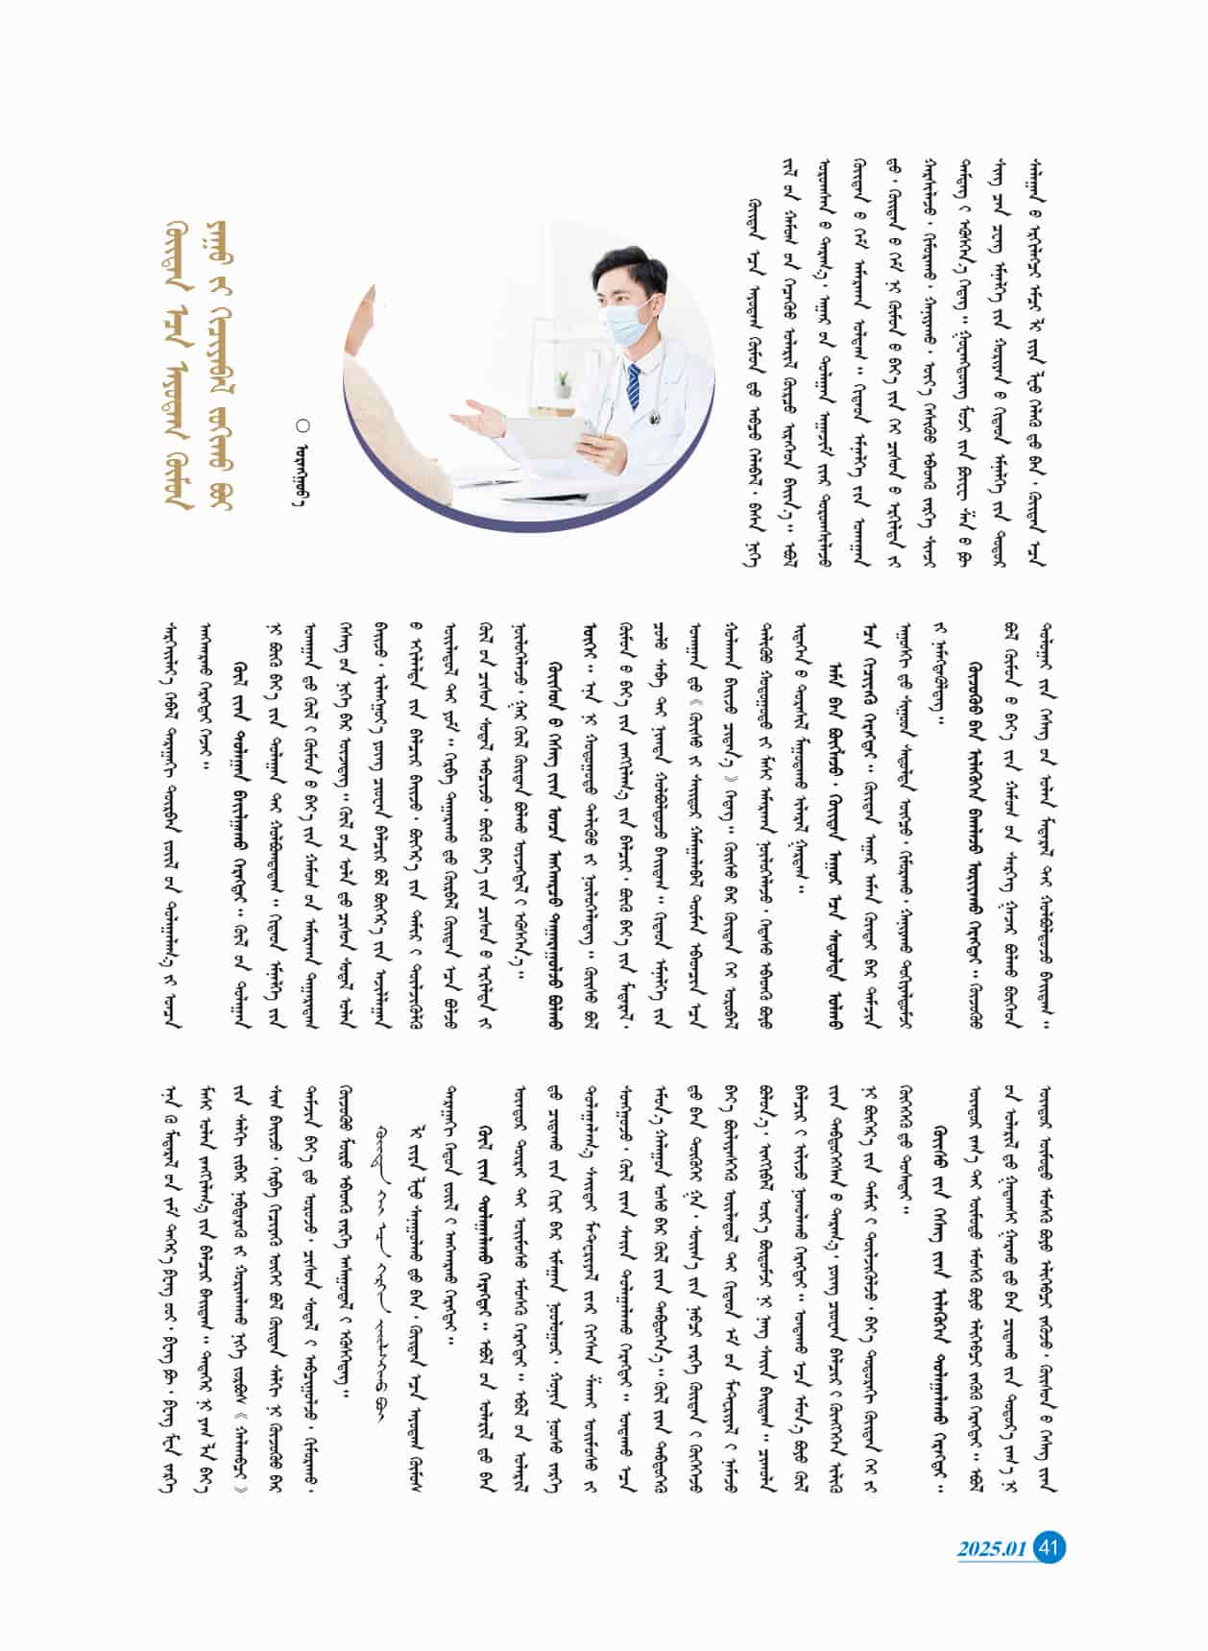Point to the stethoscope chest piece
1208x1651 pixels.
point(655,417)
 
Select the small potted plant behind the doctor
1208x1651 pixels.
point(564,382)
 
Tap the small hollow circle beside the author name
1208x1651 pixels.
point(303,424)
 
